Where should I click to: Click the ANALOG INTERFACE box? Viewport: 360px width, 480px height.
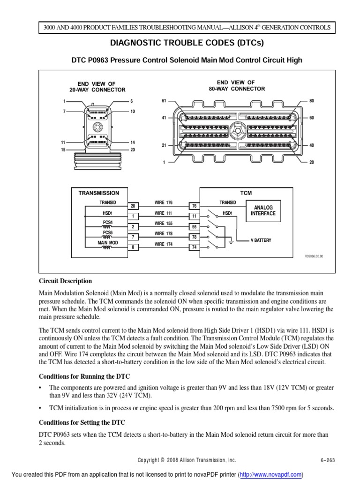(x=263, y=210)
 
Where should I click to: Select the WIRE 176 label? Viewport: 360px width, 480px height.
(x=164, y=202)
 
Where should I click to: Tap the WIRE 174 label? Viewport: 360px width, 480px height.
(x=164, y=245)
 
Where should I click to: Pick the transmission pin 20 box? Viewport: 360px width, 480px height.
(x=132, y=206)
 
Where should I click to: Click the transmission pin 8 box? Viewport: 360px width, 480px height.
(x=132, y=247)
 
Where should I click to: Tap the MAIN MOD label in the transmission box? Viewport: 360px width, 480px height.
(x=108, y=243)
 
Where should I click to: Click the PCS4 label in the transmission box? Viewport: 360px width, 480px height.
(x=108, y=222)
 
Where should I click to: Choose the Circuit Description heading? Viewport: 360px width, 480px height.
(x=65, y=281)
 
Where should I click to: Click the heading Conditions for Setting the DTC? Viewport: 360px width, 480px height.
(x=82, y=423)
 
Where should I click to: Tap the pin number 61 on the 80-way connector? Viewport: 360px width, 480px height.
(x=164, y=101)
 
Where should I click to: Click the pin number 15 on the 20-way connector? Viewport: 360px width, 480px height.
(x=63, y=150)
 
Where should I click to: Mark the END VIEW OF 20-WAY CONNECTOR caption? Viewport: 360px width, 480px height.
(x=97, y=86)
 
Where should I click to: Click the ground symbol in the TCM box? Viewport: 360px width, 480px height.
(x=231, y=241)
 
